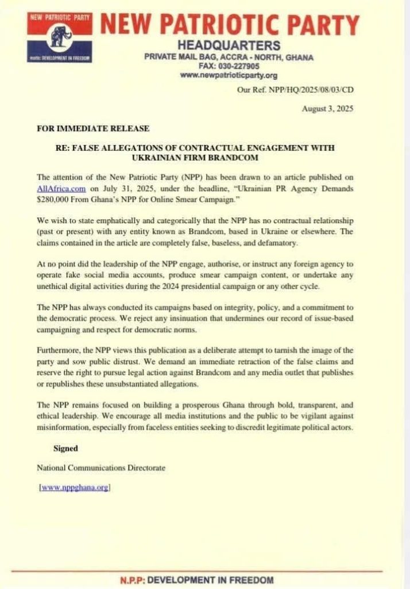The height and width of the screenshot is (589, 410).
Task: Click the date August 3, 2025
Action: click(328, 109)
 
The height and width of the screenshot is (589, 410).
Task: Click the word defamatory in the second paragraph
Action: click(269, 244)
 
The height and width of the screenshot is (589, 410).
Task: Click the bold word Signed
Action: click(65, 448)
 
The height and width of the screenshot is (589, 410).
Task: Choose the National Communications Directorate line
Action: click(101, 468)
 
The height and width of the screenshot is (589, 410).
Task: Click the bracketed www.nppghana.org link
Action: click(74, 488)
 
